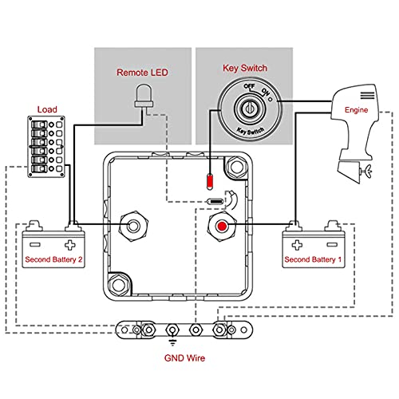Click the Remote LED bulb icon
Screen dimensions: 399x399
(x=144, y=96)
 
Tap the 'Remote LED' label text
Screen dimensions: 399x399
(x=142, y=73)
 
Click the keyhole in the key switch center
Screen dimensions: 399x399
(x=250, y=108)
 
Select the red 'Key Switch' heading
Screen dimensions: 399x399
(x=245, y=68)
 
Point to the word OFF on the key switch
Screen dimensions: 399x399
(x=249, y=86)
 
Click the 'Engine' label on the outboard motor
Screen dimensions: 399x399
(x=356, y=110)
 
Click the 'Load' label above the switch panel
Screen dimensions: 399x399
(x=47, y=109)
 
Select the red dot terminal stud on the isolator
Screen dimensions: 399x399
(x=222, y=227)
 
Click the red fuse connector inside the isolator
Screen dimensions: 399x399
(x=210, y=181)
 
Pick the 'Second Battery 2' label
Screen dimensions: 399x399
(x=53, y=259)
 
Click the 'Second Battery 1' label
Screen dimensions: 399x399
(x=313, y=259)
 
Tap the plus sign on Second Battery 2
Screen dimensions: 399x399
(x=70, y=245)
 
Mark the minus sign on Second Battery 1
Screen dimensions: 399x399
(x=332, y=244)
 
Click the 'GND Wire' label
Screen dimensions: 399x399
(x=184, y=358)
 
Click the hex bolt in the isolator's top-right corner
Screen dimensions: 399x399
(x=236, y=167)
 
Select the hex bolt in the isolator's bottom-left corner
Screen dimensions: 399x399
(x=118, y=285)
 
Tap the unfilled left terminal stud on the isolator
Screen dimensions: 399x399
(x=133, y=227)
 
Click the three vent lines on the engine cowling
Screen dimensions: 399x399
(x=367, y=95)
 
